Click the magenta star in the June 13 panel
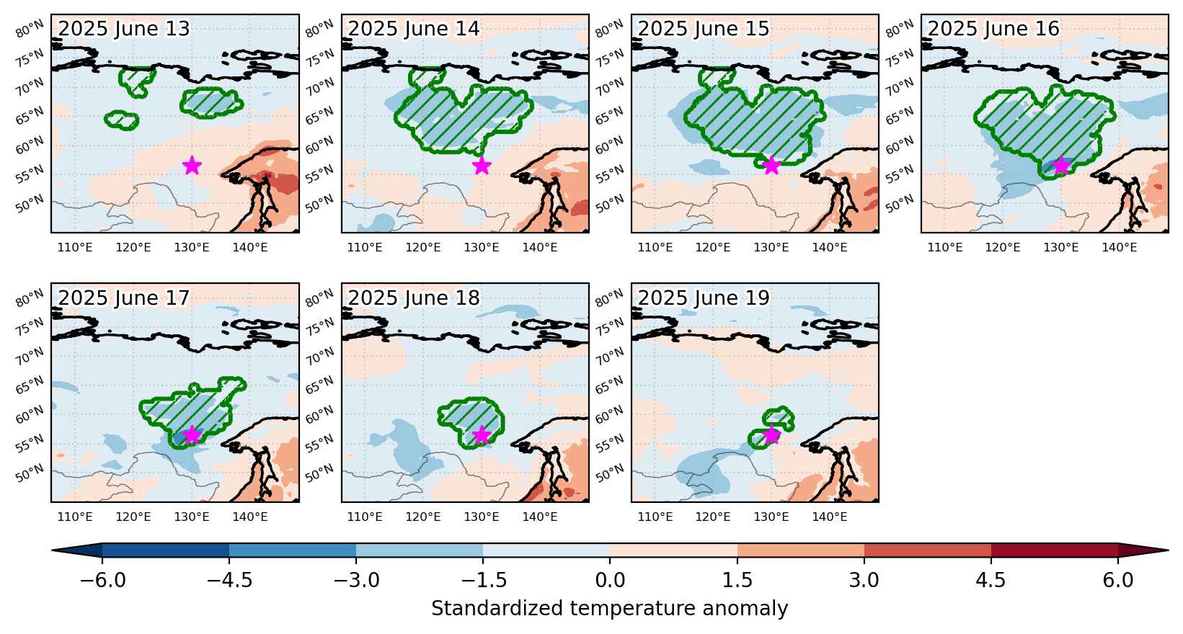pyautogui.click(x=192, y=166)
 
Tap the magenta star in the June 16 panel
pyautogui.click(x=1062, y=166)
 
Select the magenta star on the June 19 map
pyautogui.click(x=771, y=435)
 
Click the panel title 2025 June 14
pyautogui.click(x=414, y=29)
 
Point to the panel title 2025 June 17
pyautogui.click(x=123, y=298)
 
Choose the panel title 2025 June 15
pyautogui.click(x=704, y=29)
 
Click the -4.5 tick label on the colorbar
pyautogui.click(x=229, y=580)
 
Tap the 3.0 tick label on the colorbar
pyautogui.click(x=864, y=580)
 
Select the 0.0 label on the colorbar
pyautogui.click(x=610, y=580)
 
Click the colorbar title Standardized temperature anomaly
pyautogui.click(x=609, y=609)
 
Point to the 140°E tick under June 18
pyautogui.click(x=540, y=517)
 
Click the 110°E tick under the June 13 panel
pyautogui.click(x=74, y=247)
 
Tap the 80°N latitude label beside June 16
pyautogui.click(x=899, y=29)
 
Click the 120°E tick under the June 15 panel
pyautogui.click(x=713, y=247)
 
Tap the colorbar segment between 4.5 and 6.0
pyautogui.click(x=1054, y=550)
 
